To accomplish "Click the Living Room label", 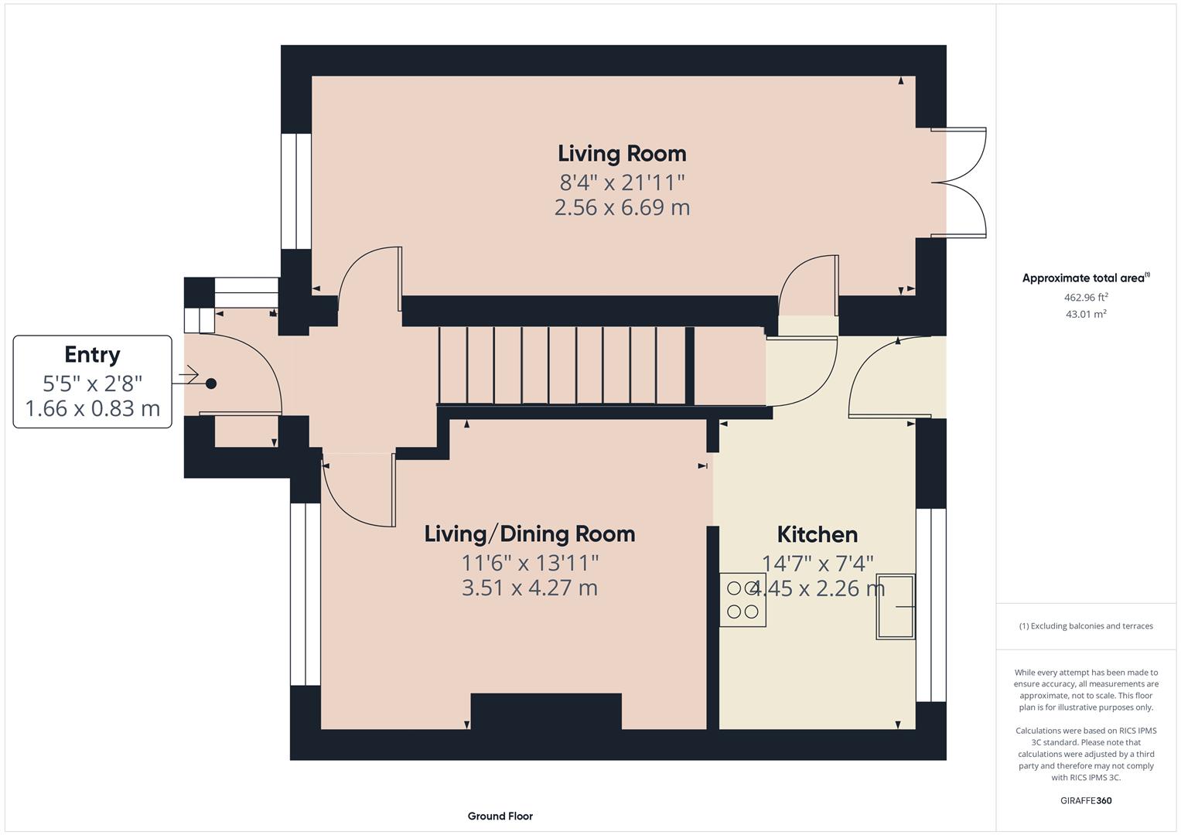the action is tap(622, 154).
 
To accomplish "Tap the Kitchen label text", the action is tap(817, 534).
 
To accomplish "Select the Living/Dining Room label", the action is tap(530, 534).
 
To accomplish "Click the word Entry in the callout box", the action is tap(92, 355).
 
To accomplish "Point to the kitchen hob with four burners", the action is tap(743, 600).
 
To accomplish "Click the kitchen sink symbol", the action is tap(896, 607).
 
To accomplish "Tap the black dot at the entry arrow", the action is tap(211, 383).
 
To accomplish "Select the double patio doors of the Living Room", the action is tap(958, 182).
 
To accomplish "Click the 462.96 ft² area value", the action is tap(1086, 298).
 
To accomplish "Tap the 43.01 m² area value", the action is tap(1086, 314).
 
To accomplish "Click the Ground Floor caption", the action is tap(500, 816).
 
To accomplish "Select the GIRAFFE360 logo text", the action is tap(1086, 800).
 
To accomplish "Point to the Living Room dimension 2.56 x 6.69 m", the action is tap(622, 207).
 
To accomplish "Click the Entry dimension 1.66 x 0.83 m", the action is tap(92, 408).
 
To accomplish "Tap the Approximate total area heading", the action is tap(1086, 278).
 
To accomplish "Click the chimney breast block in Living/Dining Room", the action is tap(546, 711).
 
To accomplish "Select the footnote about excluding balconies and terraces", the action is tap(1086, 625).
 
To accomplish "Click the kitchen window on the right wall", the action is tap(931, 605).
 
